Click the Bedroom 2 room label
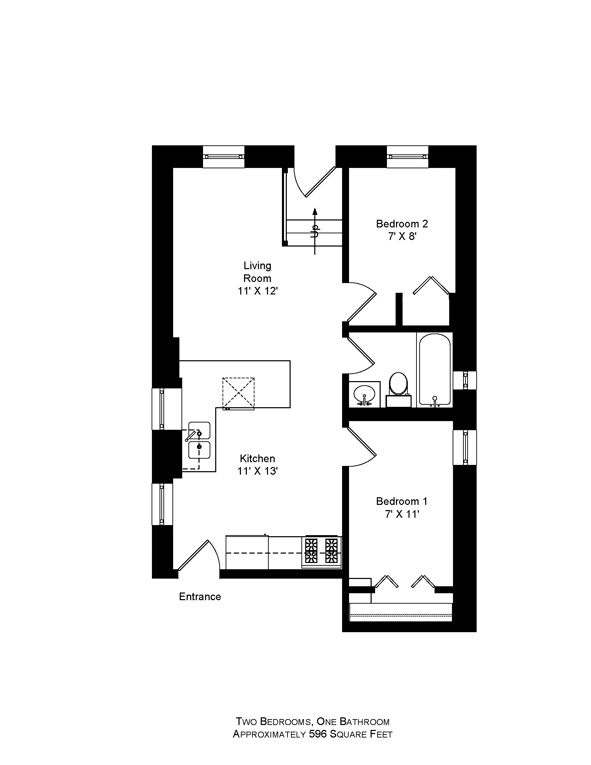pos(402,224)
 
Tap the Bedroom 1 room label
pos(402,501)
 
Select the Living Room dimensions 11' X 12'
pos(257,291)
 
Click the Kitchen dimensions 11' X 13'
pos(257,471)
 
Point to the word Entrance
pos(200,597)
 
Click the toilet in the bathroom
pos(398,385)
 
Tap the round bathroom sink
pos(364,395)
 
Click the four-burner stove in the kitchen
pos(322,552)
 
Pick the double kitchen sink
pos(199,440)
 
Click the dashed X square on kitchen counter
pos(238,393)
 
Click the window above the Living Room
pos(224,156)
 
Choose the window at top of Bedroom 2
pos(407,156)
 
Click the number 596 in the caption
pos(318,734)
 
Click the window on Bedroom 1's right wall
pos(465,447)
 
